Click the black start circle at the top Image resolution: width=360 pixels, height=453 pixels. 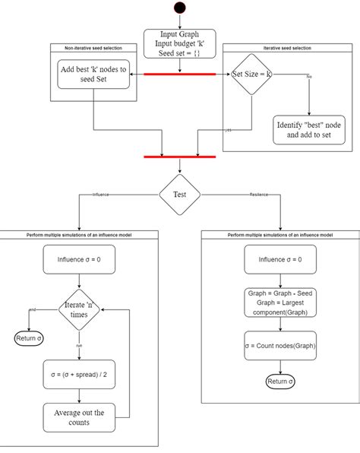pyautogui.click(x=180, y=8)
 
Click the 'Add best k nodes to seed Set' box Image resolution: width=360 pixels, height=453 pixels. pyautogui.click(x=93, y=75)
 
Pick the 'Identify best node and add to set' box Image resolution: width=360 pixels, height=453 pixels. pyautogui.click(x=308, y=129)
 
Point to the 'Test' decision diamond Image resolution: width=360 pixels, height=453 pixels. pyautogui.click(x=180, y=194)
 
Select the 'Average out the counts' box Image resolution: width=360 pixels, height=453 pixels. pyautogui.click(x=80, y=418)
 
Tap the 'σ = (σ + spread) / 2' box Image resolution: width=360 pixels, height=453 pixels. pyautogui.click(x=80, y=374)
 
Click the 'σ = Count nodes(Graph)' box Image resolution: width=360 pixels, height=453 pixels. pyautogui.click(x=280, y=346)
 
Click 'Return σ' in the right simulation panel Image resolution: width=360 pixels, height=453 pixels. pyautogui.click(x=280, y=381)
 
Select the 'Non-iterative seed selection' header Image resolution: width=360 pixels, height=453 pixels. pyautogui.click(x=93, y=48)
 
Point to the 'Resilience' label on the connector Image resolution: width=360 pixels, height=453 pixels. pyautogui.click(x=259, y=195)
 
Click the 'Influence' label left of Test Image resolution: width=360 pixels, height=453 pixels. pyautogui.click(x=101, y=195)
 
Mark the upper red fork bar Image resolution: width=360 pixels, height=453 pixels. pyautogui.click(x=180, y=74)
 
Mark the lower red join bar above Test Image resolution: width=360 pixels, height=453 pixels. pyautogui.click(x=180, y=157)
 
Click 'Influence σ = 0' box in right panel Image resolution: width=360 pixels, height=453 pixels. pyautogui.click(x=280, y=259)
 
